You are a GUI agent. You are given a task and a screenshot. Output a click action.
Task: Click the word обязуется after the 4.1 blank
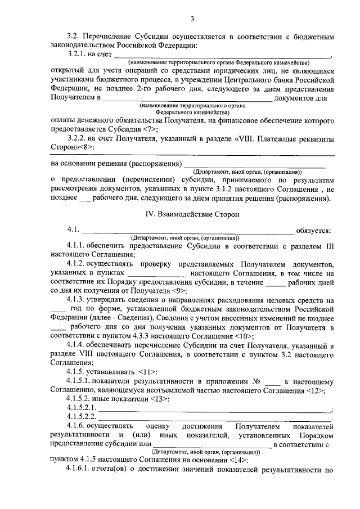point(314,230)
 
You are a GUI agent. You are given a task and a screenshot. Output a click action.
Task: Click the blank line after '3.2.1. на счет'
point(222,55)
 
